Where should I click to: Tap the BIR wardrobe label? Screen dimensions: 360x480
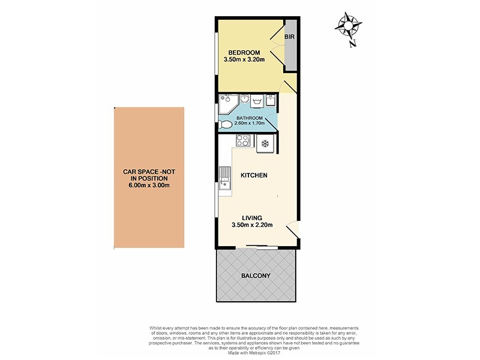click(289, 37)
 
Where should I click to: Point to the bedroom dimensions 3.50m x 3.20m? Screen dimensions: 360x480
click(244, 60)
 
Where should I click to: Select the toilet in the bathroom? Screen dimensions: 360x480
click(226, 125)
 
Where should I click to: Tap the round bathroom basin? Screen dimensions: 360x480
click(245, 98)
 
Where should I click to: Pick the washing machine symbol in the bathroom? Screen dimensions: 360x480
click(259, 101)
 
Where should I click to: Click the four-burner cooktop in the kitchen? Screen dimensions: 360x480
click(244, 142)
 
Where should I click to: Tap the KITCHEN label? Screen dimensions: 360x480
click(254, 175)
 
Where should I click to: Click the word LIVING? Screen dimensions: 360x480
click(253, 218)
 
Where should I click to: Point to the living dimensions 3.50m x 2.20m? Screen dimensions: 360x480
click(252, 226)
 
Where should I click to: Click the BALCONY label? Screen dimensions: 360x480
click(257, 276)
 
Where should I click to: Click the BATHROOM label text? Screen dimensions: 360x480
click(250, 118)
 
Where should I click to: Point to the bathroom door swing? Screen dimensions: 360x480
click(271, 124)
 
